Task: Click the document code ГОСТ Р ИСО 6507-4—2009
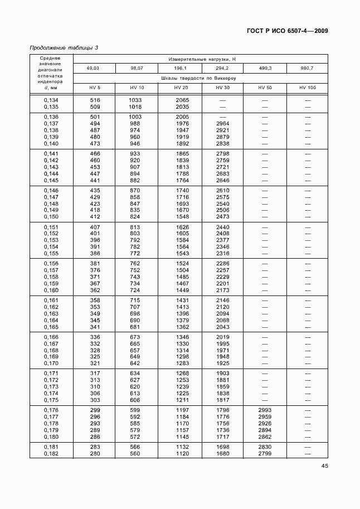tap(287, 31)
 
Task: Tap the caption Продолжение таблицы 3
tap(64, 48)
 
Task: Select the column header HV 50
tap(265, 88)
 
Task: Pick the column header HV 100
tap(307, 88)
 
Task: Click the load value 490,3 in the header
tap(265, 68)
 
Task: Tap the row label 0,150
tap(51, 216)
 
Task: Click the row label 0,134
tap(51, 100)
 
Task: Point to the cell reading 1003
tap(135, 117)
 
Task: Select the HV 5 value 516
tap(95, 100)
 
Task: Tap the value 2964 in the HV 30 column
tap(222, 123)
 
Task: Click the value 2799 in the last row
tap(265, 454)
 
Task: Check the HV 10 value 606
tap(135, 400)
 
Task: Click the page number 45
tap(324, 467)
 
